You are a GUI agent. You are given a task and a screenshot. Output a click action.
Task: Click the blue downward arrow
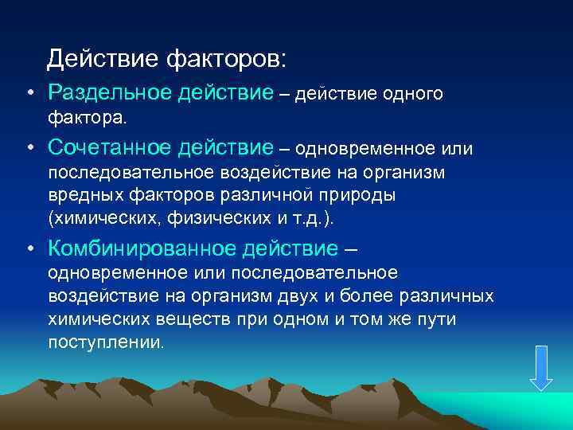click(x=541, y=368)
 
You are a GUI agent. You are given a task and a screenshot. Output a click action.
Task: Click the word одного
click(x=413, y=95)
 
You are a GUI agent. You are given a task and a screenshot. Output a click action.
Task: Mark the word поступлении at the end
click(x=105, y=342)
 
